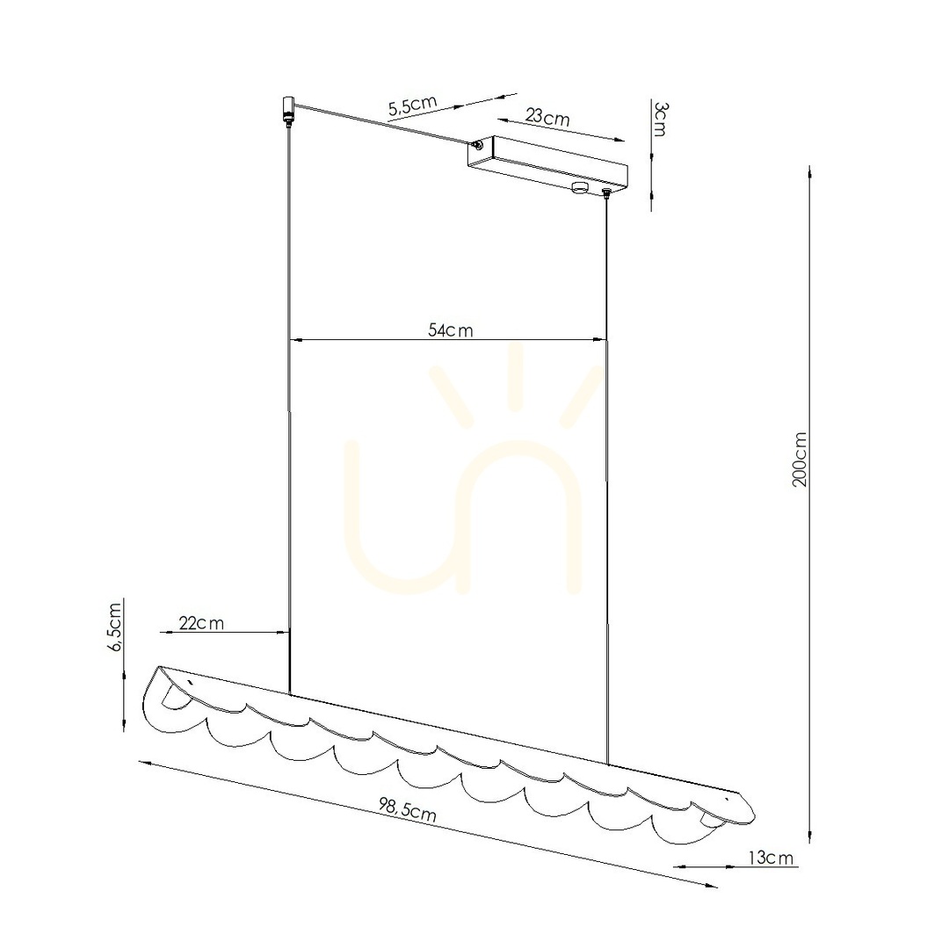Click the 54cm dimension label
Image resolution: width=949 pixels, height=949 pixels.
450,330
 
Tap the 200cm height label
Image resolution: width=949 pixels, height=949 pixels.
800,459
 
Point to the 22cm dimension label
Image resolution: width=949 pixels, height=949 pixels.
201,622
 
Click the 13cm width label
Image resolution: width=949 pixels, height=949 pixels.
771,858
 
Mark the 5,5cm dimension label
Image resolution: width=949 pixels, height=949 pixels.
412,105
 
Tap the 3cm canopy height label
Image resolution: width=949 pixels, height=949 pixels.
660,120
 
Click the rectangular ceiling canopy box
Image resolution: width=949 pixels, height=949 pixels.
547,163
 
